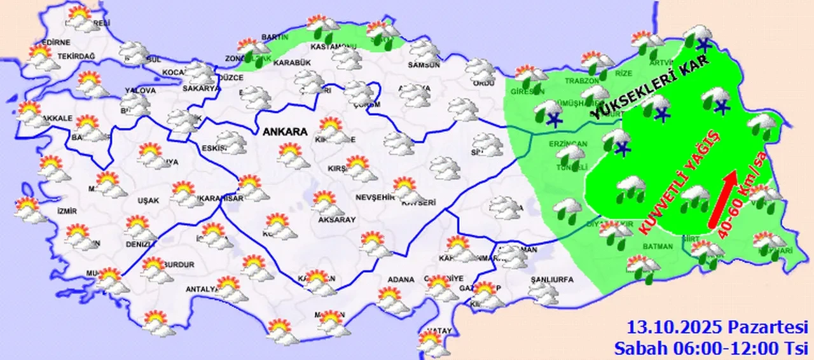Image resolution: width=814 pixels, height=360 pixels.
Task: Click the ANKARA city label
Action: (x=284, y=132)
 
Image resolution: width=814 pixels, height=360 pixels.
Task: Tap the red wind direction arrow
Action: (x=723, y=198)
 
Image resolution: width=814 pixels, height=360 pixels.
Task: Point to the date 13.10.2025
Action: (x=675, y=328)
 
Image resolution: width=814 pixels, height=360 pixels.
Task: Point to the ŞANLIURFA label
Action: (x=552, y=280)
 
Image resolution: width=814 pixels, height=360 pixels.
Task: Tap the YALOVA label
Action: (x=140, y=91)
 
